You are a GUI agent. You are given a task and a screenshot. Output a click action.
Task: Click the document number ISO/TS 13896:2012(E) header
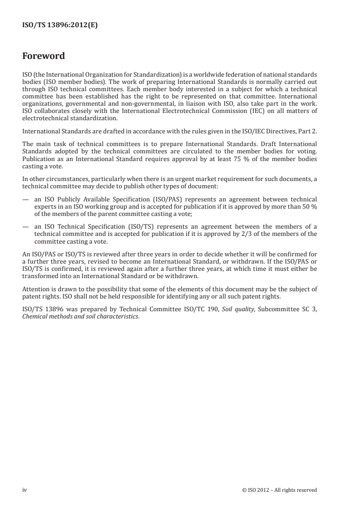(60, 26)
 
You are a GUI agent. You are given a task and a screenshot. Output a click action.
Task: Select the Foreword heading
(44, 56)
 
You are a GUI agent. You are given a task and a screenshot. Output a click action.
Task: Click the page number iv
(25, 489)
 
